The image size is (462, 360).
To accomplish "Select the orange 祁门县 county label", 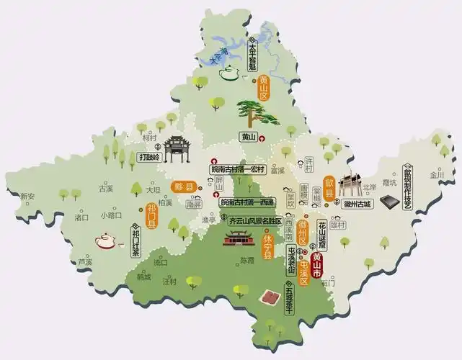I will coord(152,215).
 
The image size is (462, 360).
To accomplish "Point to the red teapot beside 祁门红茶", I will coord(105,240).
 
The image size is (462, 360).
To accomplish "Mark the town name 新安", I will coord(27,196).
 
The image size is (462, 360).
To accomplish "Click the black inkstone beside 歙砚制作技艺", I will coord(390,202).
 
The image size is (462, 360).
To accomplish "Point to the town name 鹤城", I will coord(143,276).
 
